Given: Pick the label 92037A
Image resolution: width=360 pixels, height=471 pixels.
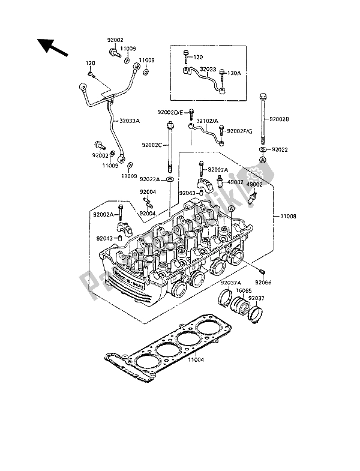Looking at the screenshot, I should (230, 282).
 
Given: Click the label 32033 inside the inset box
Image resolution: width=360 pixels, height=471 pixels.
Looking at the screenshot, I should (208, 70).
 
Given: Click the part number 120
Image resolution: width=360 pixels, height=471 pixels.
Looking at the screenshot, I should (91, 64).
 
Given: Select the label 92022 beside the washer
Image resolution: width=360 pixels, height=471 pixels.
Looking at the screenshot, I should (281, 148).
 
